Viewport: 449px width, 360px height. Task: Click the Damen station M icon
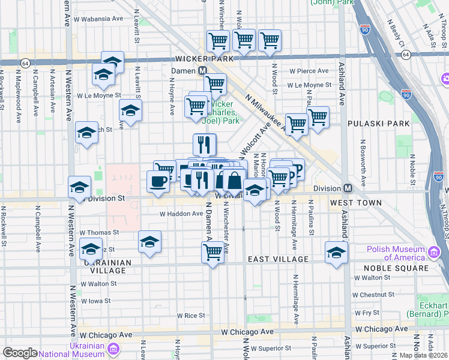(x=203, y=70)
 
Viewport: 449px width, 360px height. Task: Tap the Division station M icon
(x=347, y=188)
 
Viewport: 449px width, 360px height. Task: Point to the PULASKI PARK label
(x=378, y=124)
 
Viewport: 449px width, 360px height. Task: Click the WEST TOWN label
(x=355, y=203)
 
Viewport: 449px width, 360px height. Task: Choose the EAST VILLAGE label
(x=279, y=259)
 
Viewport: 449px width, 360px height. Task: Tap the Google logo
(x=20, y=353)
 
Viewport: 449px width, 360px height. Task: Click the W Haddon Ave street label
(x=181, y=214)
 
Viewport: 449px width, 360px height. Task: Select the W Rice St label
(x=191, y=316)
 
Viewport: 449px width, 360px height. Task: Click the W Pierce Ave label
(x=309, y=71)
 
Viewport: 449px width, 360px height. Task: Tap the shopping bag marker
(x=234, y=179)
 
